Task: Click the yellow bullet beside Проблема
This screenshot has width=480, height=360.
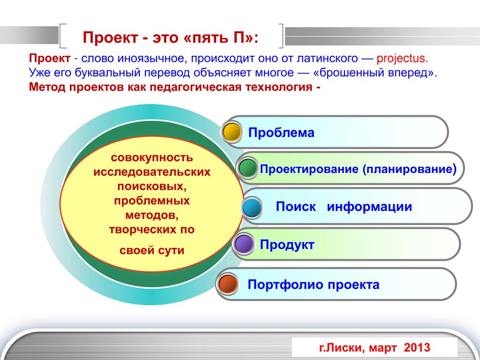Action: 232,132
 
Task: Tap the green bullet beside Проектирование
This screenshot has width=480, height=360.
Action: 247,168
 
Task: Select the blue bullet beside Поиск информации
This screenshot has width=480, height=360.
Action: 252,208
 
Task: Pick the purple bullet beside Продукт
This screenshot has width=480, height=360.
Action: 243,244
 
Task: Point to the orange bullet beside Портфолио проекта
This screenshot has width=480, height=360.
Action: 228,284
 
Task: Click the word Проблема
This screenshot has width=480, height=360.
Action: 281,133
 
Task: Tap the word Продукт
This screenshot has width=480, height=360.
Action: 287,245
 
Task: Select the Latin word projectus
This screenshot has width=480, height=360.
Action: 402,59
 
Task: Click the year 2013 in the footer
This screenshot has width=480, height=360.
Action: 417,347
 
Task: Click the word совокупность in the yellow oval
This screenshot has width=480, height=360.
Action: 152,158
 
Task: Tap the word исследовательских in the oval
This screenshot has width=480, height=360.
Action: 152,172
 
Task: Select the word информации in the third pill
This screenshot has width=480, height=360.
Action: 369,207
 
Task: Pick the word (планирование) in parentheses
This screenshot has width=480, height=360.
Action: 410,169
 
